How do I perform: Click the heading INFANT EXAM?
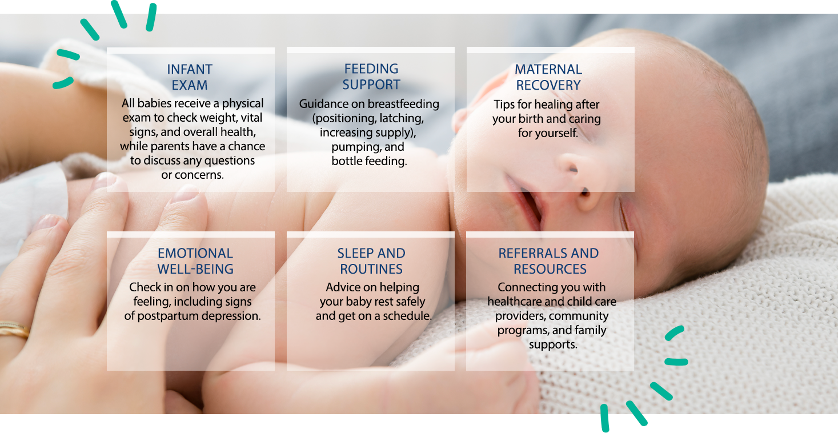(190, 77)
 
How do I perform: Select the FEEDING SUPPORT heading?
(371, 77)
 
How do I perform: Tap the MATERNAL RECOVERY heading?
(548, 77)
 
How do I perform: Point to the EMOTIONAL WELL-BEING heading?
(195, 261)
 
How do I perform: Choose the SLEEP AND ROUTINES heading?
(371, 261)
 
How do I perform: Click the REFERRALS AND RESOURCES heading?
(548, 261)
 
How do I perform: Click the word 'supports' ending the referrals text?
(553, 344)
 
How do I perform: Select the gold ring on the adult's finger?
(14, 328)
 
